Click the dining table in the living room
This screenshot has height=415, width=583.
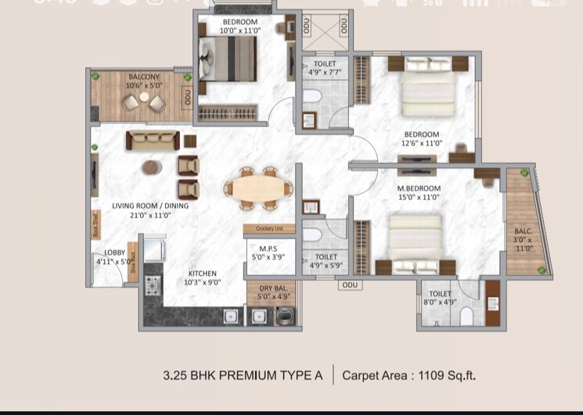pyautogui.click(x=255, y=188)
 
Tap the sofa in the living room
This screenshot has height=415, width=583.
pyautogui.click(x=153, y=141)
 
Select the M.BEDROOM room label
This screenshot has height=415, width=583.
pyautogui.click(x=419, y=188)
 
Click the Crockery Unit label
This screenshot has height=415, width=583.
pyautogui.click(x=268, y=229)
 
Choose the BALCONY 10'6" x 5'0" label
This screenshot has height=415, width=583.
pyautogui.click(x=144, y=81)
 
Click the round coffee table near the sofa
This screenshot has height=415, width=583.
pyautogui.click(x=151, y=167)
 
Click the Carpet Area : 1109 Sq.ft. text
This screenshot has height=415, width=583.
pyautogui.click(x=408, y=375)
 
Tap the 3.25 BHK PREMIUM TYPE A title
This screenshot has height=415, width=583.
pyautogui.click(x=243, y=375)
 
